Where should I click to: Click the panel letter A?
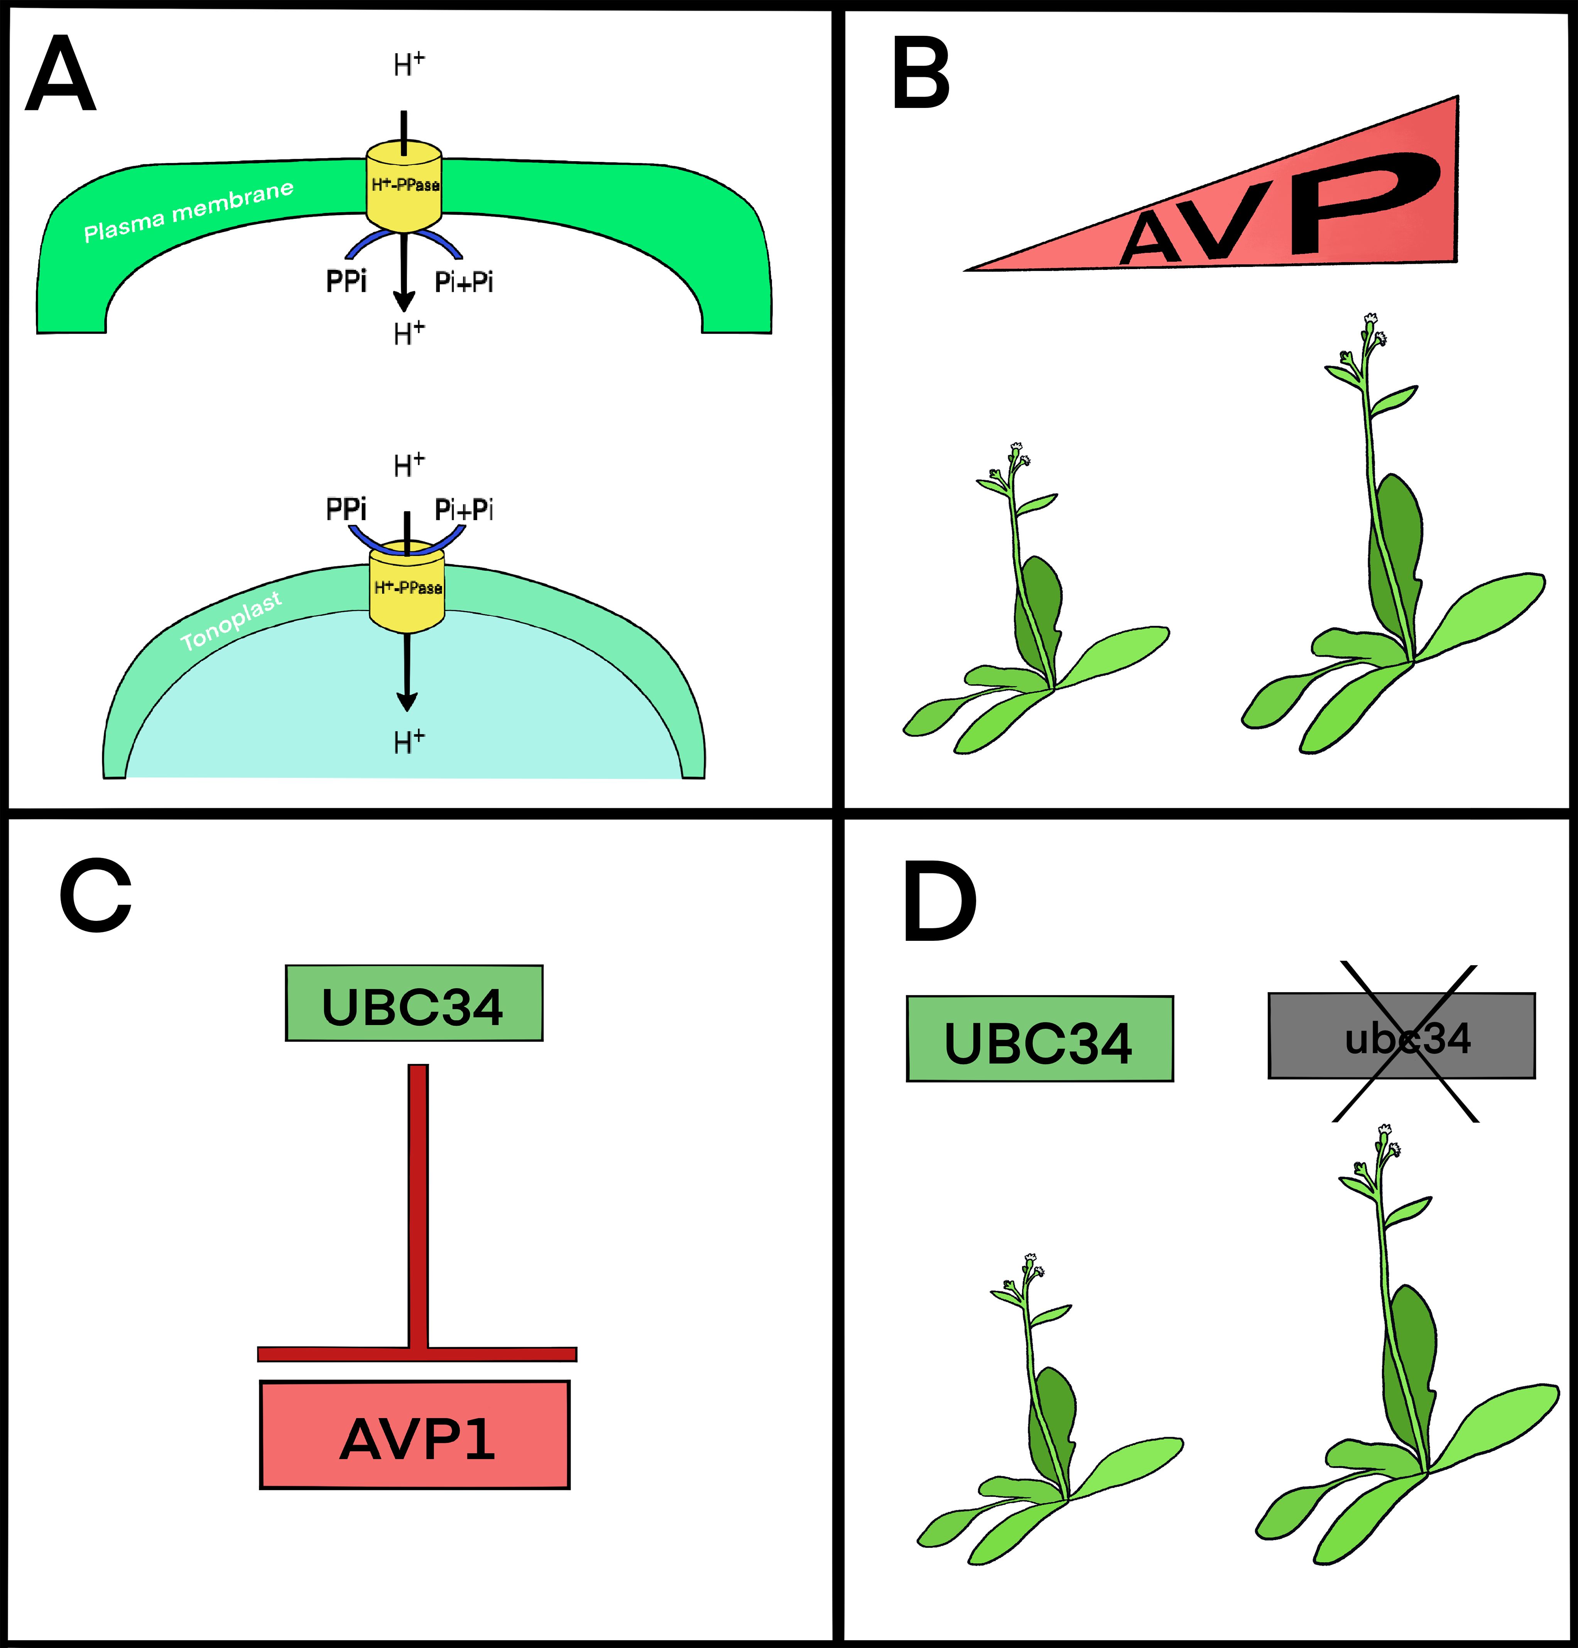pyautogui.click(x=61, y=76)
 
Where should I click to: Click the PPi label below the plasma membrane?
pyautogui.click(x=346, y=281)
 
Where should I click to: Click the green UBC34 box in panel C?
pyautogui.click(x=414, y=1003)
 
